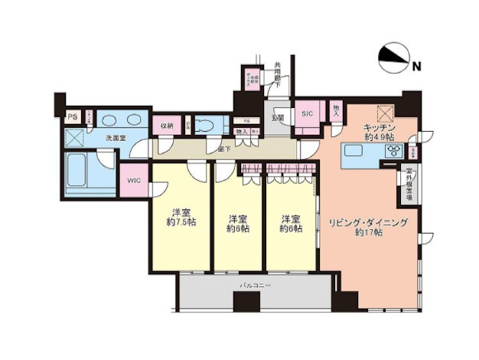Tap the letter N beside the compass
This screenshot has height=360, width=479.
pyautogui.click(x=417, y=67)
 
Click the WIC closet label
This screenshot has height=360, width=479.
pyautogui.click(x=135, y=181)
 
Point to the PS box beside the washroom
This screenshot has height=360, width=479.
pyautogui.click(x=72, y=116)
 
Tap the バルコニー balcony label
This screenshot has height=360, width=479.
pyautogui.click(x=256, y=285)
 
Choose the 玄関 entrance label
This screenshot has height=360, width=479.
pyautogui.click(x=277, y=118)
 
